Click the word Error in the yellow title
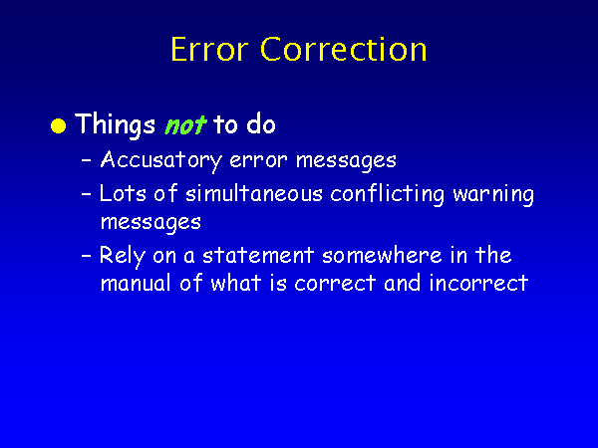tap(209, 49)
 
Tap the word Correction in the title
tap(343, 49)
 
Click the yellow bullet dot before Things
tap(59, 126)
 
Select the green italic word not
tap(185, 125)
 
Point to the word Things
tap(116, 125)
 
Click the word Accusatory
tap(160, 160)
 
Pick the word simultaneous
tap(254, 193)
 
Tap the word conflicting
tap(387, 194)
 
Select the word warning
tap(493, 195)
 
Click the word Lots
tap(123, 193)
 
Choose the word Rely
tap(123, 256)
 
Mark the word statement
tap(258, 255)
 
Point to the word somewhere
tap(382, 255)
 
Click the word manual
tap(136, 283)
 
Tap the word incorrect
tap(478, 284)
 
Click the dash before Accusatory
tap(87, 160)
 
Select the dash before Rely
tap(87, 255)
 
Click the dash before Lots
tap(87, 193)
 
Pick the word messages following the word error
tap(346, 161)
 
